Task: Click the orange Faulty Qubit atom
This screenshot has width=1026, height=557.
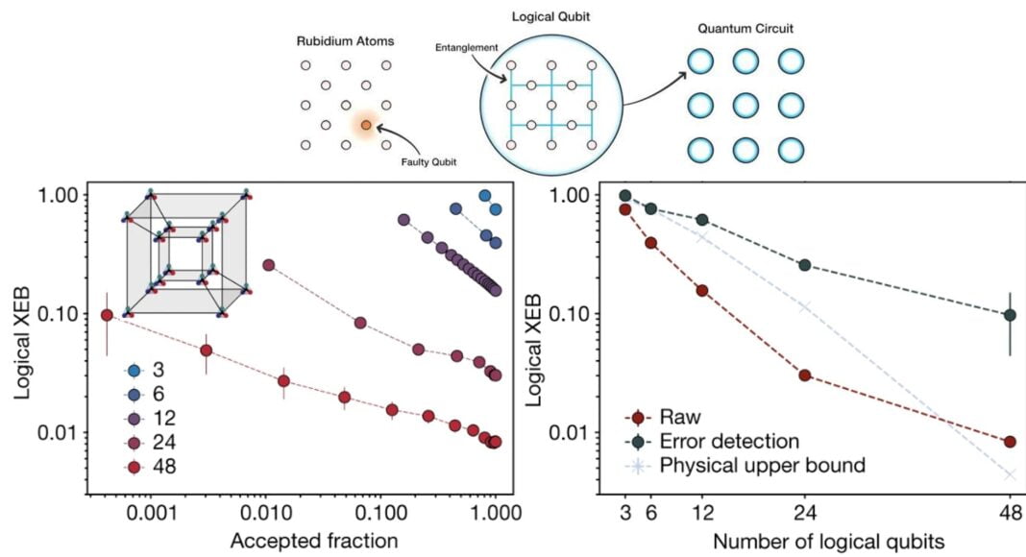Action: [365, 125]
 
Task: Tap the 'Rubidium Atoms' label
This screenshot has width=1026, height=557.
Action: [346, 43]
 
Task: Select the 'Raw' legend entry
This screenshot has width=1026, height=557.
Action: [667, 418]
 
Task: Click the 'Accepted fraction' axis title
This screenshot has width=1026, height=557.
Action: [314, 541]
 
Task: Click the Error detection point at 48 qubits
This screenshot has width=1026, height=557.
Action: [1010, 315]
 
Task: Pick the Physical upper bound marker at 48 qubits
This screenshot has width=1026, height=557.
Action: [1010, 473]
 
